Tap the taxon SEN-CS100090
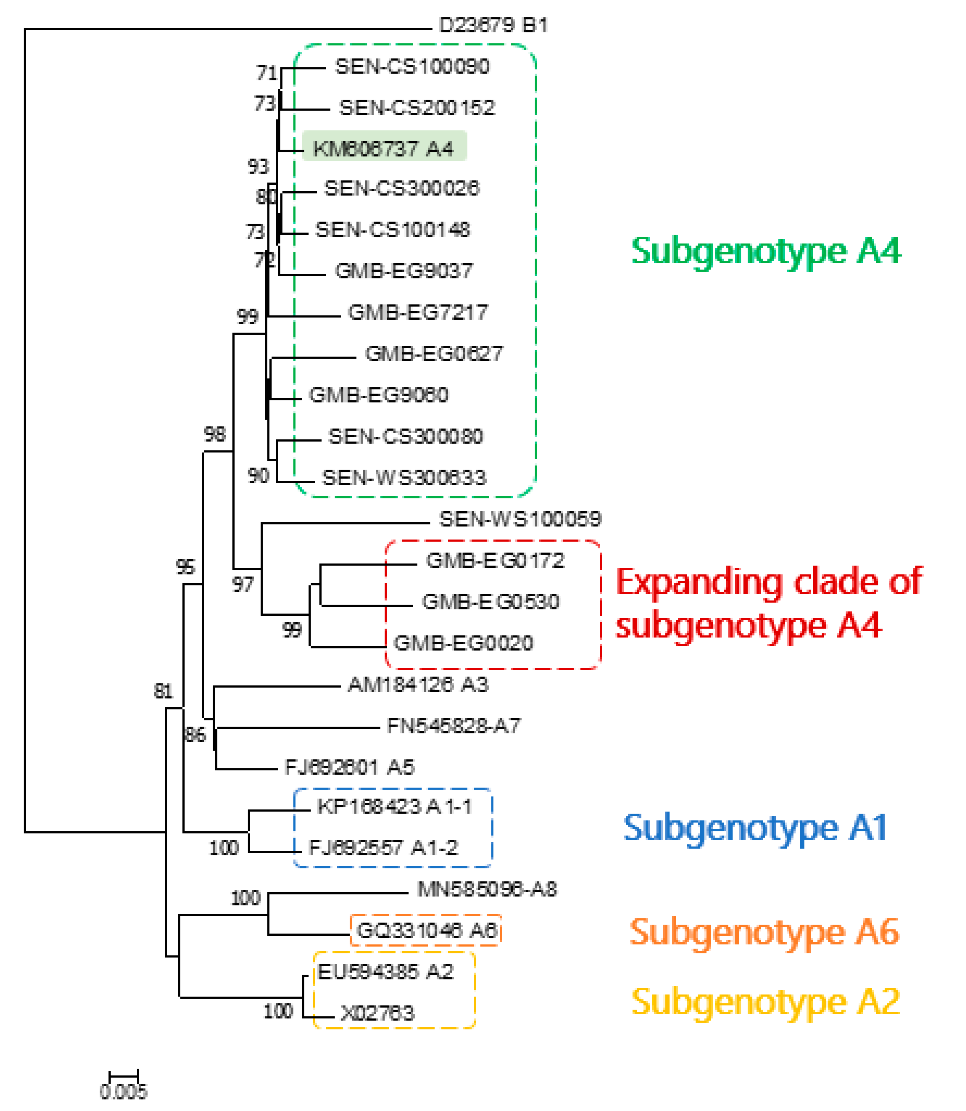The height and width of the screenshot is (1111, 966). point(412,66)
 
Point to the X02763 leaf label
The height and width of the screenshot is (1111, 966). point(377,1013)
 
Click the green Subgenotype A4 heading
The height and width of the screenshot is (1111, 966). point(766,251)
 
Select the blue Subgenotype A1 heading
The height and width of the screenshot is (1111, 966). point(755,828)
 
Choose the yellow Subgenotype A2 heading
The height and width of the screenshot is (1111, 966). point(766,1001)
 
